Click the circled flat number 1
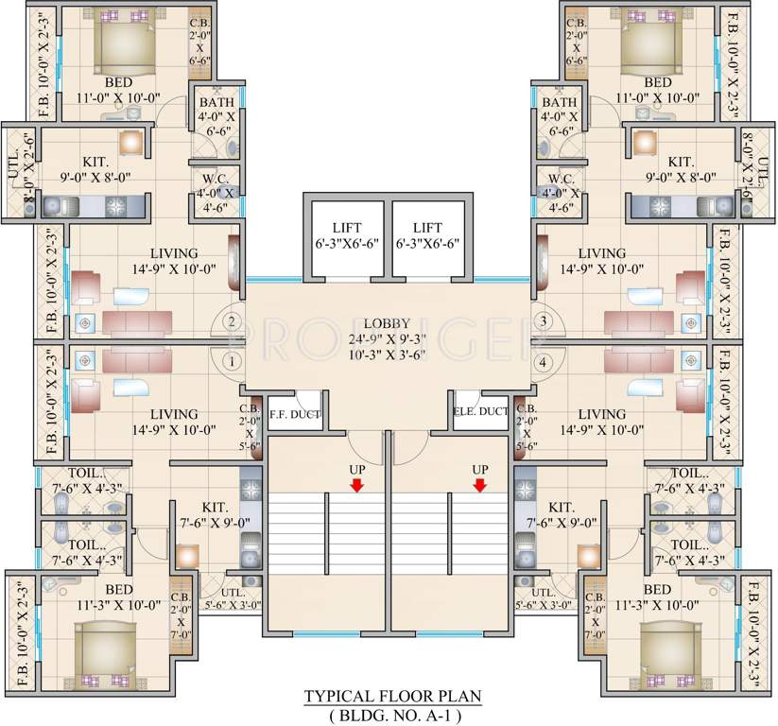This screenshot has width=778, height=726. pos(232,361)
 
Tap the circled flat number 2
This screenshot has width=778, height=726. pos(232,321)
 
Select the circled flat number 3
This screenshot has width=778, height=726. pos(543,321)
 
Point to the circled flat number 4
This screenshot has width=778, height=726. pos(543,363)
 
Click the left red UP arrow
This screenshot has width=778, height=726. pos(356,485)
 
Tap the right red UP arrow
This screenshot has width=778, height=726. pos(480,485)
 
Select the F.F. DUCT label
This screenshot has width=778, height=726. pos(295,414)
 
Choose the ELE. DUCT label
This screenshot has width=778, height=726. pos(481,411)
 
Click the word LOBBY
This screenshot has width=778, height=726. pos(387,323)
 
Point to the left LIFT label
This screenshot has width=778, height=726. pos(347,228)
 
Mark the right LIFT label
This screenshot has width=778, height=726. pos(427,228)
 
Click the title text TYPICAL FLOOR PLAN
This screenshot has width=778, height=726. pos(393,697)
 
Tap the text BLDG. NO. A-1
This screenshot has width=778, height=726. pos(395,716)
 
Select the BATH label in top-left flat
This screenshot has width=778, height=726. pos(216,102)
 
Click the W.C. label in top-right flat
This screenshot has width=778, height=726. pos(562,179)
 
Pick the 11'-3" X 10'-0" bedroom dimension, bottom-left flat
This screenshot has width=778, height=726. pos(119,605)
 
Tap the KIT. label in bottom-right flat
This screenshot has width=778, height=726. pos(562,507)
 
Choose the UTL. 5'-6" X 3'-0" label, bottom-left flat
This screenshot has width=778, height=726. pos(233,598)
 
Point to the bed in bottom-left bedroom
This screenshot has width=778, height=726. pos(105,654)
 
